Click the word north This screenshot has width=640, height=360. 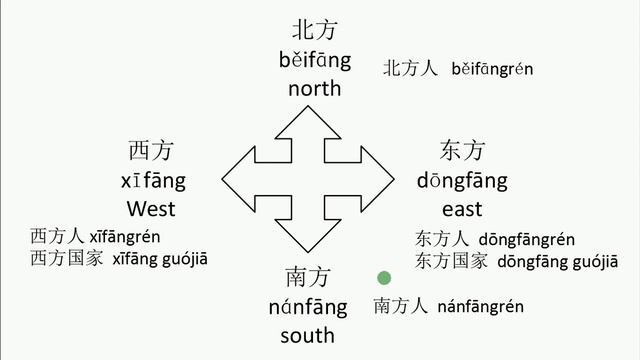pyautogui.click(x=315, y=88)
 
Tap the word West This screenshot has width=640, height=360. pyautogui.click(x=151, y=209)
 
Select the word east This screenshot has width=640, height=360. pyautogui.click(x=462, y=209)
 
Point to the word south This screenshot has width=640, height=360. pyautogui.click(x=307, y=335)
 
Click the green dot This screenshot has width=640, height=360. pyautogui.click(x=382, y=278)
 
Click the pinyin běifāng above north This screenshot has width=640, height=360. pyautogui.click(x=315, y=60)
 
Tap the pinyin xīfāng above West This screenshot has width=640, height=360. pyautogui.click(x=152, y=181)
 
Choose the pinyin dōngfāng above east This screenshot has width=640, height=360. pyautogui.click(x=462, y=181)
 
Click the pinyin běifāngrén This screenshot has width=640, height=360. pyautogui.click(x=492, y=69)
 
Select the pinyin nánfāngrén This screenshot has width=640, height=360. pyautogui.click(x=480, y=306)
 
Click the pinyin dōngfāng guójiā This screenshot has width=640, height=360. pyautogui.click(x=540, y=260)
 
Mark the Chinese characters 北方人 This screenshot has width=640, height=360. pyautogui.click(x=411, y=69)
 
